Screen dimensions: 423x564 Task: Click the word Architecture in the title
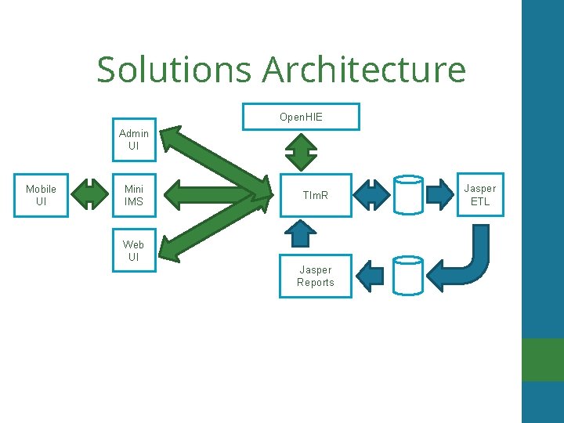[x=364, y=70]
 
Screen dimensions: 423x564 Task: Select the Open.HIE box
[x=302, y=117]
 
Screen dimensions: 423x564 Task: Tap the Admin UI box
[x=134, y=139]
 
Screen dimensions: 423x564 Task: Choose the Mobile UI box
[x=41, y=195]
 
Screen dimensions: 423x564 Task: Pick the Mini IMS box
[x=134, y=195]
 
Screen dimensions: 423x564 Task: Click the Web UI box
[x=134, y=251]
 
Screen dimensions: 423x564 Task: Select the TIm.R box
[x=316, y=194]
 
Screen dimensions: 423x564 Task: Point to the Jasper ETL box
[x=479, y=195]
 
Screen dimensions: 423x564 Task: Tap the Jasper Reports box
[x=316, y=276]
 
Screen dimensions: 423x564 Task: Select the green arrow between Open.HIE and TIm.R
[x=301, y=151]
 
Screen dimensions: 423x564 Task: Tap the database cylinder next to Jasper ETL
[x=408, y=195]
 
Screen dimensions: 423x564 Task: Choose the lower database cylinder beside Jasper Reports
[x=408, y=275]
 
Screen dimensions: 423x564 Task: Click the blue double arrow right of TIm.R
[x=373, y=194]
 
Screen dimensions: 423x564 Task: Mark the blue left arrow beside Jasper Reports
[x=371, y=275]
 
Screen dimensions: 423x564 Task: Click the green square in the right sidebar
[x=542, y=360]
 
